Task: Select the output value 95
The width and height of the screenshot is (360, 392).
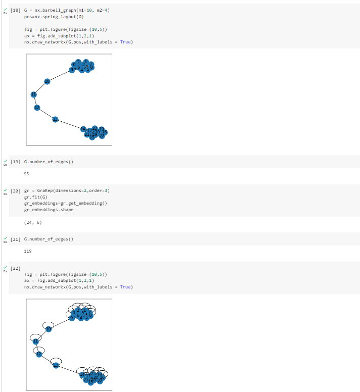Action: (27, 174)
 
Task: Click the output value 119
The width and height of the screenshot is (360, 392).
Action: (27, 251)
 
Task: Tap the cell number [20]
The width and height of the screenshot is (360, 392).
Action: (16, 190)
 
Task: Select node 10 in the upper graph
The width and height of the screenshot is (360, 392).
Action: (47, 81)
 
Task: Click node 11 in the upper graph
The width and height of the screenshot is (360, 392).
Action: (34, 94)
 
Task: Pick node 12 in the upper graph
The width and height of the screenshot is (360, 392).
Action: (37, 108)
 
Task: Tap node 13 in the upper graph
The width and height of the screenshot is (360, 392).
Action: (56, 119)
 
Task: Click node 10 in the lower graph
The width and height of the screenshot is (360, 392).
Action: (49, 329)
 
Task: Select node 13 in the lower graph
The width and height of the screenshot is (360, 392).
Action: (56, 365)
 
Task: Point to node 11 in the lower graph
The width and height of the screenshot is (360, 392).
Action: (35, 341)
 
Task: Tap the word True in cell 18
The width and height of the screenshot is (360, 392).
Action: (125, 42)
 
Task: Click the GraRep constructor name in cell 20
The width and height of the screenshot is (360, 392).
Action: (45, 190)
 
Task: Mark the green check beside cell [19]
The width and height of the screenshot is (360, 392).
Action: (5, 161)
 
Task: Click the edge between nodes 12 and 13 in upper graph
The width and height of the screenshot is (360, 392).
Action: (46, 113)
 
